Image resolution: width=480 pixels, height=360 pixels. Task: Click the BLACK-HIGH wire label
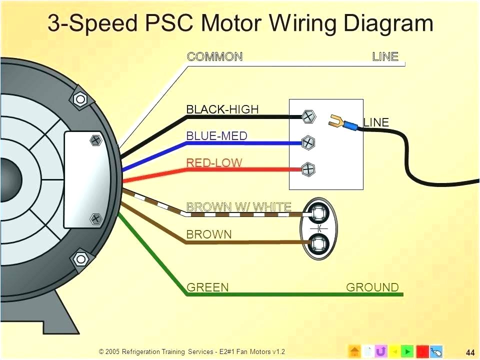222,109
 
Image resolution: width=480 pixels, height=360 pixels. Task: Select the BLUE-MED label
216,135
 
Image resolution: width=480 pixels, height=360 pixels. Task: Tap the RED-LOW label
214,162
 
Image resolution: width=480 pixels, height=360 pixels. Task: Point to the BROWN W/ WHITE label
238,206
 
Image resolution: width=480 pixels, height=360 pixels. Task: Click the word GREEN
207,287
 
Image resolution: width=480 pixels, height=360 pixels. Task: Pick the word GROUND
372,287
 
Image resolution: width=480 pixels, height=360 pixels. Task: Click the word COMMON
214,56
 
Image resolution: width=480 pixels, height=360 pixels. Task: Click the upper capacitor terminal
317,214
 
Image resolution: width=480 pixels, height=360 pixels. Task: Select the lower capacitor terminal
317,243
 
